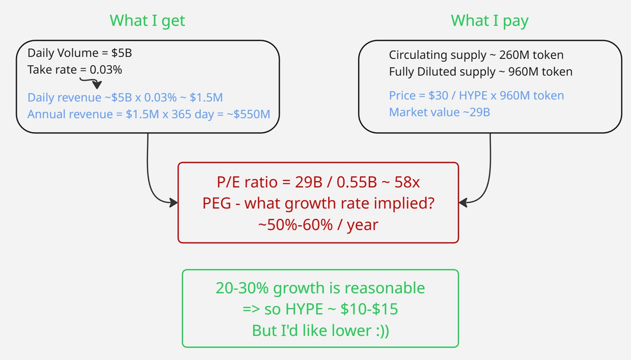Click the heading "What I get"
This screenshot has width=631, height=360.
(x=147, y=21)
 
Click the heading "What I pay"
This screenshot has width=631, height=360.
(x=490, y=21)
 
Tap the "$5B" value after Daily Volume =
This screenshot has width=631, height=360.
(x=122, y=53)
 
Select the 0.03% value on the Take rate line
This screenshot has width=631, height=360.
(x=106, y=70)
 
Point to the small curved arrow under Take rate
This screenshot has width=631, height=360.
(x=91, y=83)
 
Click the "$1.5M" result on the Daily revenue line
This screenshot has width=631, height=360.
(x=206, y=97)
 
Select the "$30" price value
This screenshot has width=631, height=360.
(x=438, y=96)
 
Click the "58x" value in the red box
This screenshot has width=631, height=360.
(x=407, y=182)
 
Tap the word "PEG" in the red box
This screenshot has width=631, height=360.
(x=217, y=203)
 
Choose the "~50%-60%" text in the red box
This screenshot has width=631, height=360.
(x=295, y=225)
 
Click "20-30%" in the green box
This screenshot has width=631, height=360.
(x=242, y=288)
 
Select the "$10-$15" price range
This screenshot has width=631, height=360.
(x=369, y=309)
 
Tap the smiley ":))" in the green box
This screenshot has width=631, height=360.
(x=383, y=331)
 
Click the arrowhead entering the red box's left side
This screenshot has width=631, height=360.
(x=174, y=202)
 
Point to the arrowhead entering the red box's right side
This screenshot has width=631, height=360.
(x=463, y=202)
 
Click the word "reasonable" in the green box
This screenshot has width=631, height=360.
(x=385, y=288)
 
